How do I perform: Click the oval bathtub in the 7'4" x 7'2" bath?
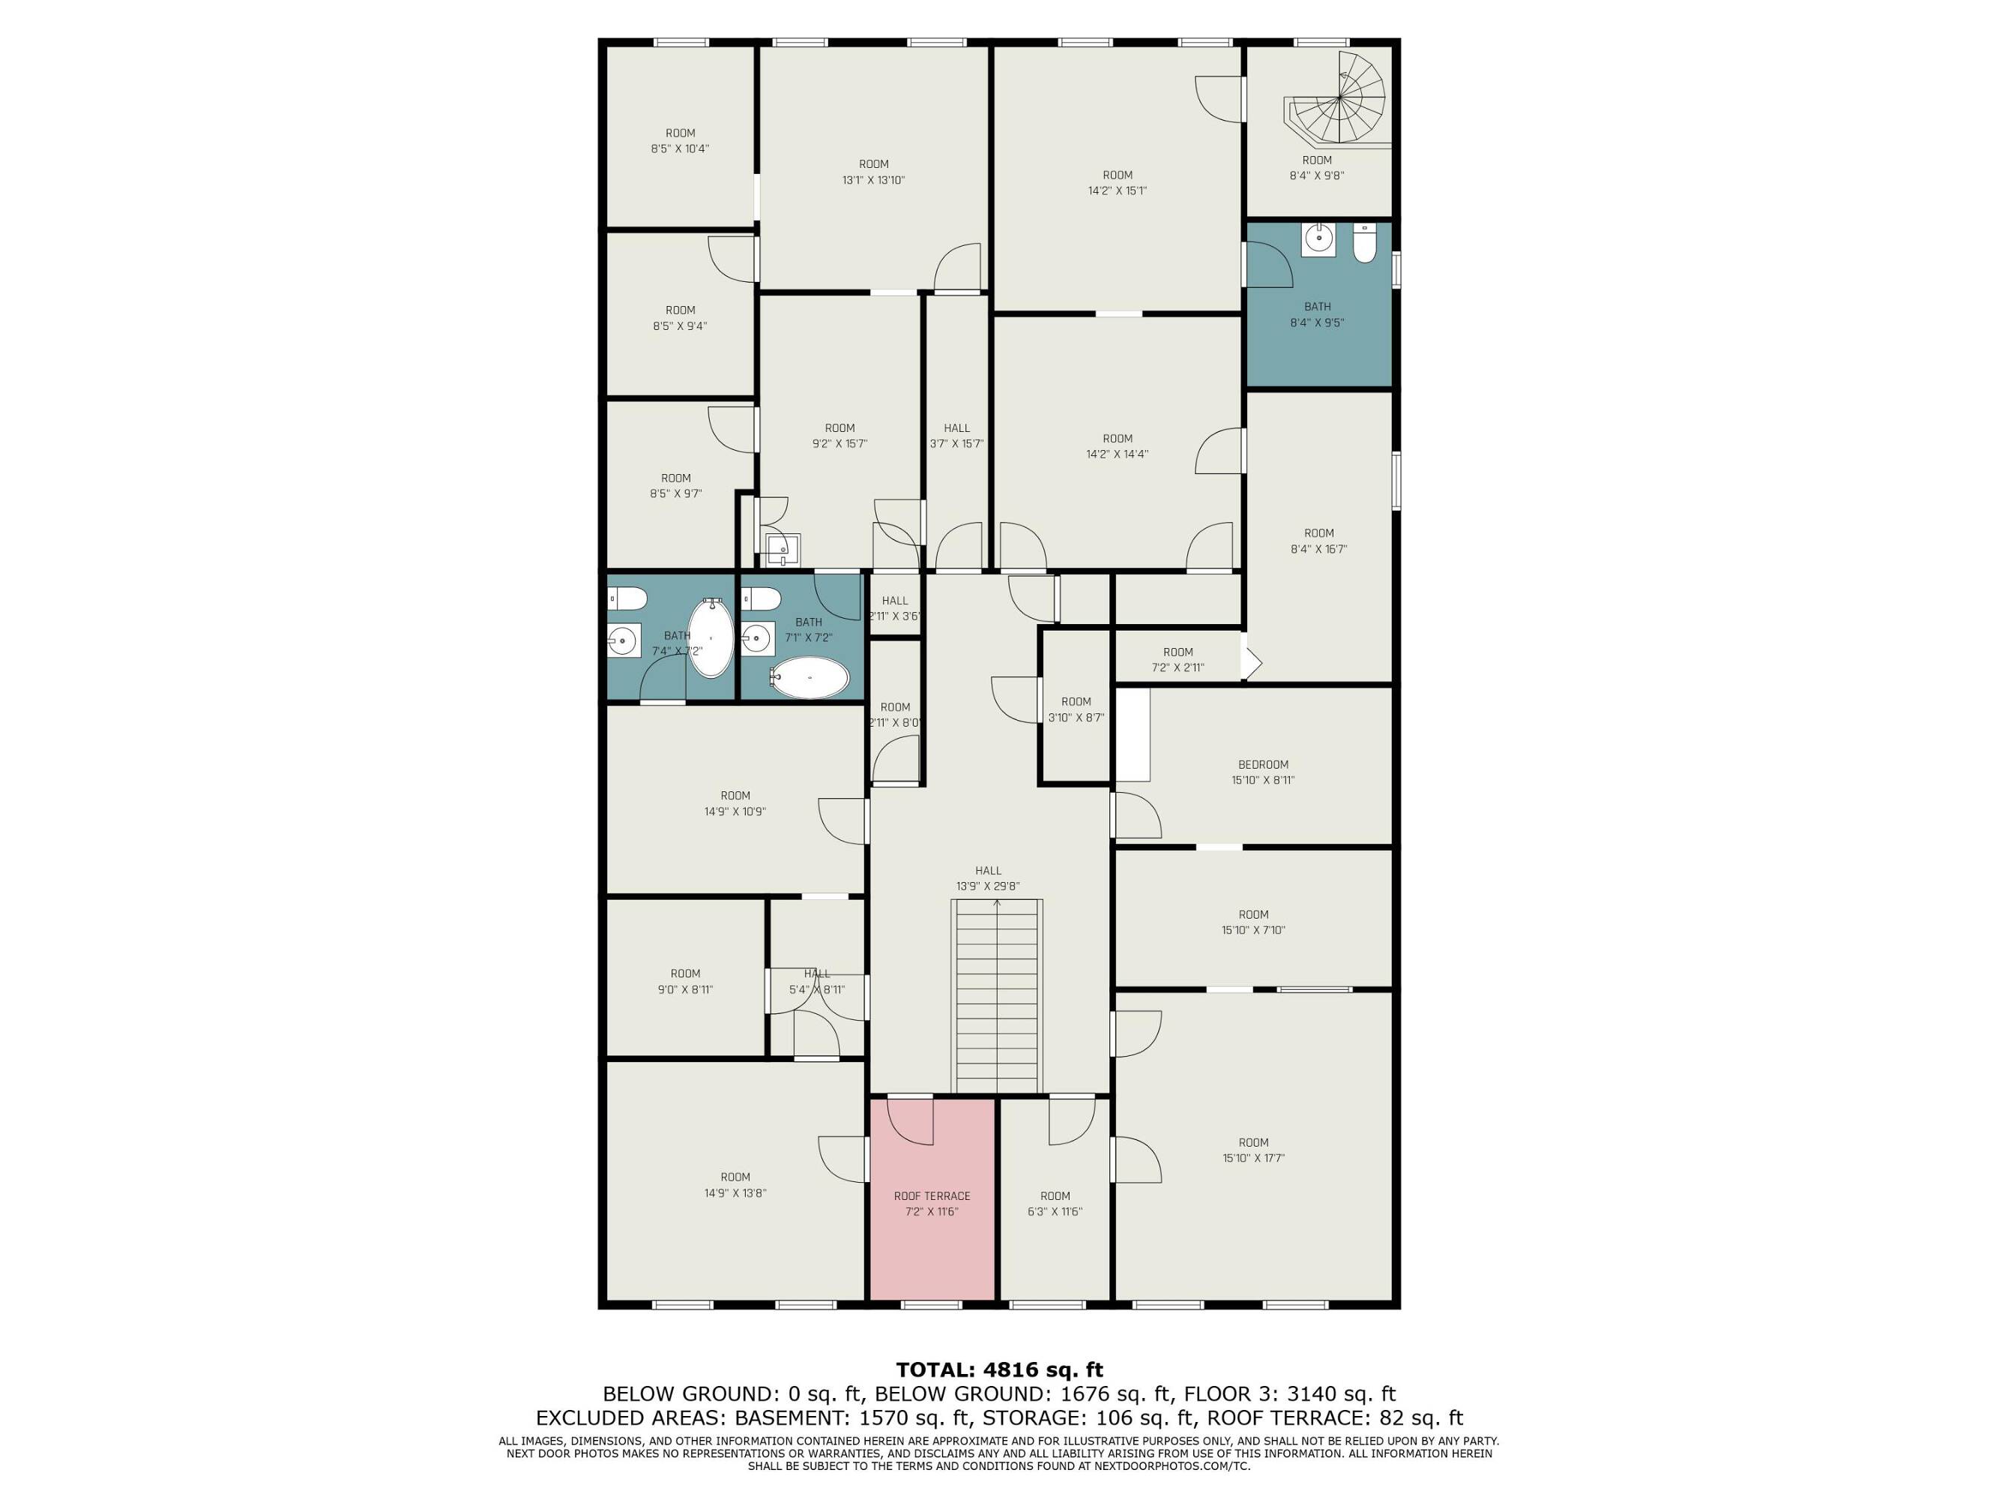pyautogui.click(x=711, y=637)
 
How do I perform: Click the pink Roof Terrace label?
pyautogui.click(x=932, y=1204)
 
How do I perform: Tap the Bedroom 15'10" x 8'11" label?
pyautogui.click(x=1262, y=772)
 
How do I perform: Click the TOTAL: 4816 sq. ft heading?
pyautogui.click(x=1000, y=1369)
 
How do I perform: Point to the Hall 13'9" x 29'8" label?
pyautogui.click(x=988, y=879)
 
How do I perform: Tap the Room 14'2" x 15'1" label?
pyautogui.click(x=1118, y=183)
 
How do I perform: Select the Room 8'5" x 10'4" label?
pyautogui.click(x=681, y=141)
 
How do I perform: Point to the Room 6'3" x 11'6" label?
pyautogui.click(x=1055, y=1204)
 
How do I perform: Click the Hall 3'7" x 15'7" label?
pyautogui.click(x=957, y=436)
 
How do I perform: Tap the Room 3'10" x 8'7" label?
pyautogui.click(x=1076, y=709)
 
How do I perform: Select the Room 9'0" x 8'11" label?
pyautogui.click(x=685, y=981)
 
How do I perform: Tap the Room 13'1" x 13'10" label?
pyautogui.click(x=874, y=172)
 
